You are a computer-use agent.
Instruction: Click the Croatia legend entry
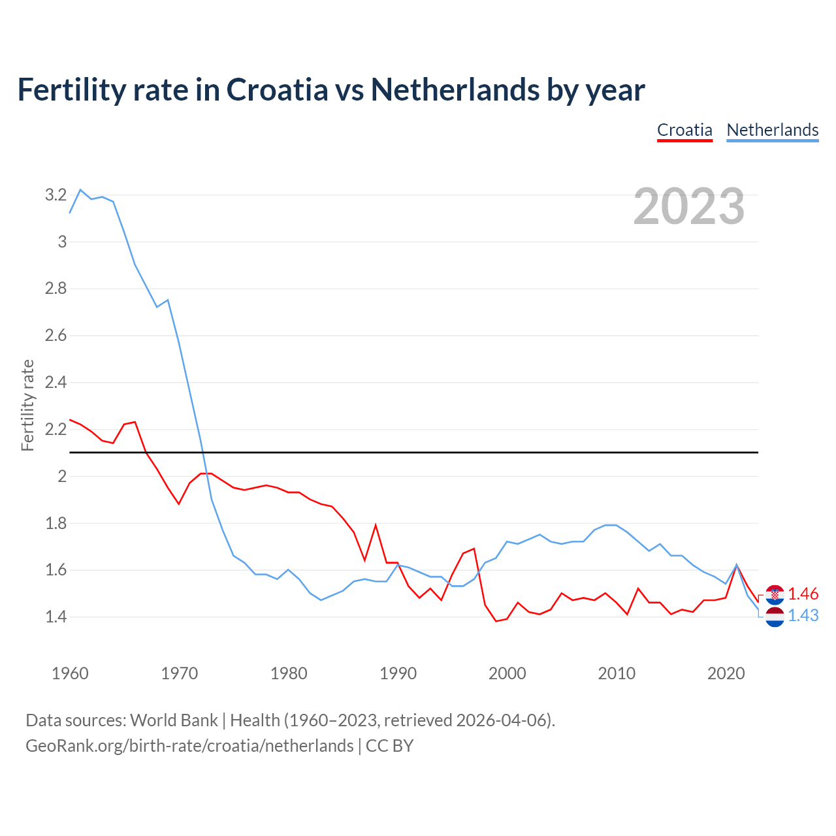[x=684, y=130]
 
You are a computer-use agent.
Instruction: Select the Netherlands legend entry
[x=772, y=130]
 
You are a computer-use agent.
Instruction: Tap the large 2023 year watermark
[x=688, y=206]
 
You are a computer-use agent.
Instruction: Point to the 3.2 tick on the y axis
[x=56, y=195]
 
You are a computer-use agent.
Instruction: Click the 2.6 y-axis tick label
[x=56, y=335]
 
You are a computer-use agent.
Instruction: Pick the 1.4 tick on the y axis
[x=56, y=617]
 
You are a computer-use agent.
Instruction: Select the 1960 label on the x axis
[x=70, y=673]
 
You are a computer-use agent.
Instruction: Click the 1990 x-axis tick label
[x=398, y=673]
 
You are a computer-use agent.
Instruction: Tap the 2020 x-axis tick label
[x=726, y=673]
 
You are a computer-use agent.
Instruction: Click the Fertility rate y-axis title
[x=27, y=405]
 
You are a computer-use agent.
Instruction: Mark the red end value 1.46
[x=803, y=594]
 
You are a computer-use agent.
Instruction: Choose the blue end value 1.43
[x=803, y=615]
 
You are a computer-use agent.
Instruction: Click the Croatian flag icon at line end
[x=775, y=594]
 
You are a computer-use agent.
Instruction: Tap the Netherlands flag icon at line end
[x=775, y=616]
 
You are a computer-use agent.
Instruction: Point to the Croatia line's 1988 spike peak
[x=376, y=524]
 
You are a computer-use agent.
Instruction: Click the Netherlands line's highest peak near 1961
[x=80, y=190]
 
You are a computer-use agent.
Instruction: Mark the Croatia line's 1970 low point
[x=178, y=504]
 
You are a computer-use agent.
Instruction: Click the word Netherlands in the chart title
[x=455, y=89]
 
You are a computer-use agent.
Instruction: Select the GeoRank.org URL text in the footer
[x=189, y=746]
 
